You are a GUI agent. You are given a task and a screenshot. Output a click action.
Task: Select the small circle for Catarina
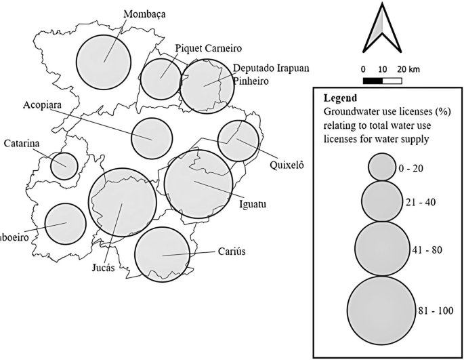pos(64,166)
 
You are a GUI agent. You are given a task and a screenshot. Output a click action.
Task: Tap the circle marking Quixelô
pos(238,140)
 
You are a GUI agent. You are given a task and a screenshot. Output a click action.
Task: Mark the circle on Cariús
pos(163,254)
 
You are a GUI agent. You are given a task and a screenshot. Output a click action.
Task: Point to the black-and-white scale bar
pos(383,81)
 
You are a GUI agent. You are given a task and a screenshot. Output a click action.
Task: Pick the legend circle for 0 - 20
pos(382,166)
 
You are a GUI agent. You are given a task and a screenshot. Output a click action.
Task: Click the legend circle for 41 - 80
pos(382,249)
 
